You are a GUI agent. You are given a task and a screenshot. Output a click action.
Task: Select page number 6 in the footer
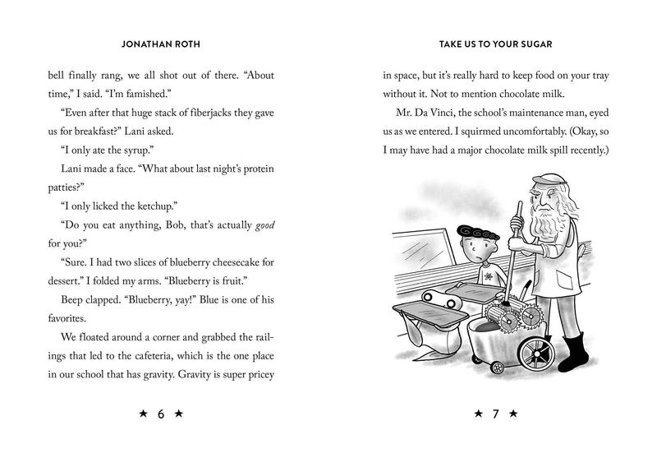pyautogui.click(x=160, y=414)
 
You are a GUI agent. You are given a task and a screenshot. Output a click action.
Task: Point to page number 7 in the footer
pyautogui.click(x=495, y=414)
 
